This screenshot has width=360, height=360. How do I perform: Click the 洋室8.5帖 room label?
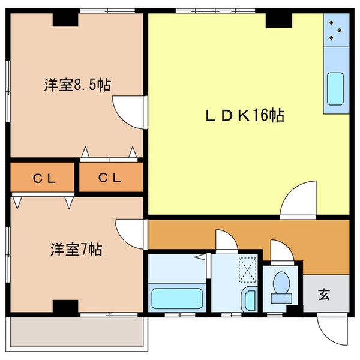click(x=76, y=85)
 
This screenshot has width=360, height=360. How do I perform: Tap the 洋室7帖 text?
click(x=76, y=249)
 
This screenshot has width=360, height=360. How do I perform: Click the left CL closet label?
click(x=41, y=178)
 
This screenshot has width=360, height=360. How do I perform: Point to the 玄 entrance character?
click(x=324, y=295)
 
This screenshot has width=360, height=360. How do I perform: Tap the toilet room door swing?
click(x=281, y=251)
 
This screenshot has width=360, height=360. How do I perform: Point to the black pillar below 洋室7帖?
click(x=65, y=307)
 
